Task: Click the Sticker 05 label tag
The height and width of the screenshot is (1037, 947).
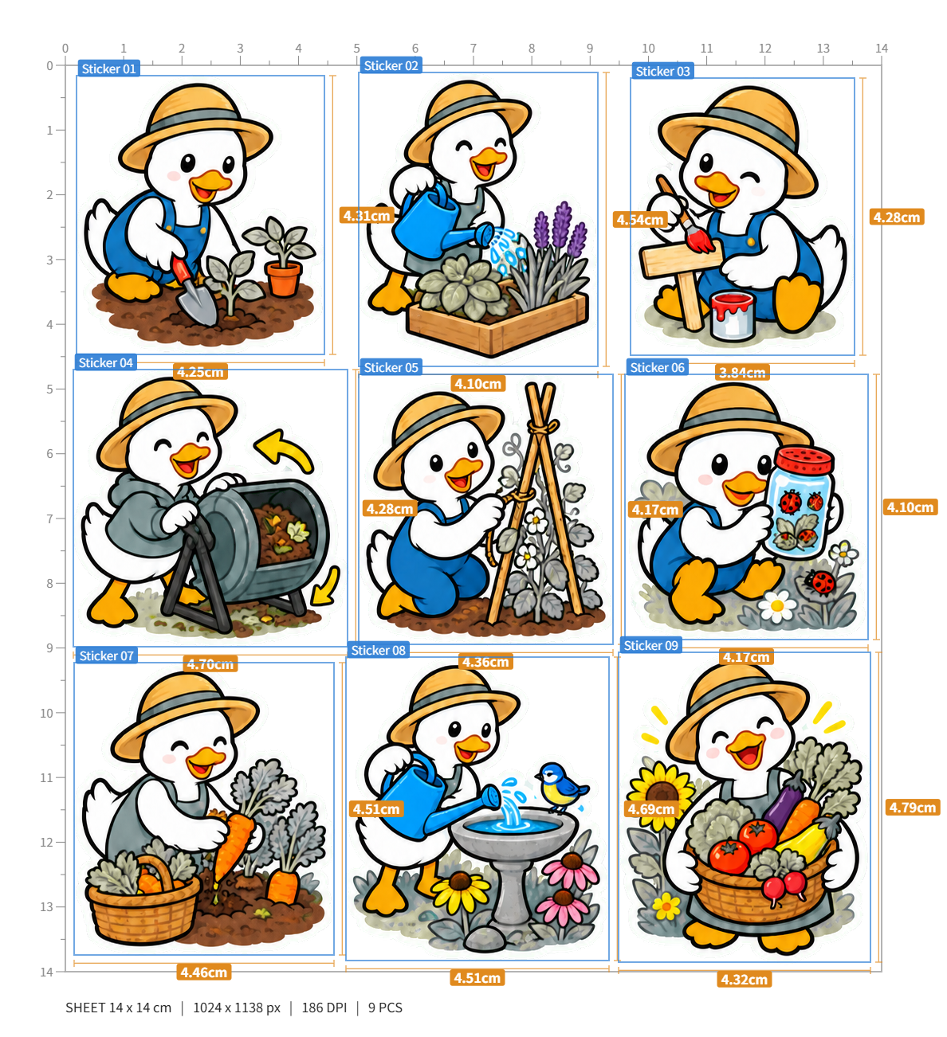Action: point(391,367)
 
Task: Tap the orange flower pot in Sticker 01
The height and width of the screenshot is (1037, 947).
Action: point(282,279)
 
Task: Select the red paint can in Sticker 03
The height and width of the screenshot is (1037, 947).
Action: point(733,315)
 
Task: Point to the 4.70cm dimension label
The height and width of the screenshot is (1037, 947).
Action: point(210,663)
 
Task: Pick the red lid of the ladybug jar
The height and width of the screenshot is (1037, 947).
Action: point(805,460)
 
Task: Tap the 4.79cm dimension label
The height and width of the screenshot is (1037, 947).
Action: point(913,807)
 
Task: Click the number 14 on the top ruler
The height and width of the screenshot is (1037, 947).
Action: point(882,48)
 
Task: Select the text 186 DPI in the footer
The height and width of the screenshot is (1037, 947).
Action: point(324,1008)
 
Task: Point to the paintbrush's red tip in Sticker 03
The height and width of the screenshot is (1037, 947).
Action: point(700,241)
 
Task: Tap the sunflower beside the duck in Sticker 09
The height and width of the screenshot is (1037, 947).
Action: point(660,792)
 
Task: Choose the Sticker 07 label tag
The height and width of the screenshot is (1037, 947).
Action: point(106,655)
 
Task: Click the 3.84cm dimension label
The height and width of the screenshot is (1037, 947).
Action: point(742,372)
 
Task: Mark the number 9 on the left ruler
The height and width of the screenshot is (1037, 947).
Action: point(49,648)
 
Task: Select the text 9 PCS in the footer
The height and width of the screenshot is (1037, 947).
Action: point(385,1008)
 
